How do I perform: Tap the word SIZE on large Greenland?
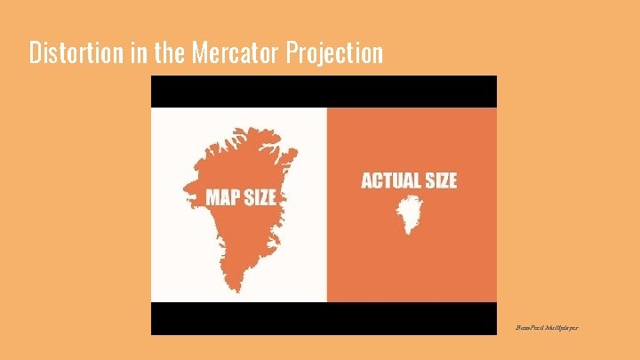(x=260, y=197)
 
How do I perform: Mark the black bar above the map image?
(x=324, y=91)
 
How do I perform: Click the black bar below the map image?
(x=324, y=318)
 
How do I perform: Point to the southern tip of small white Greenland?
(x=409, y=232)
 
